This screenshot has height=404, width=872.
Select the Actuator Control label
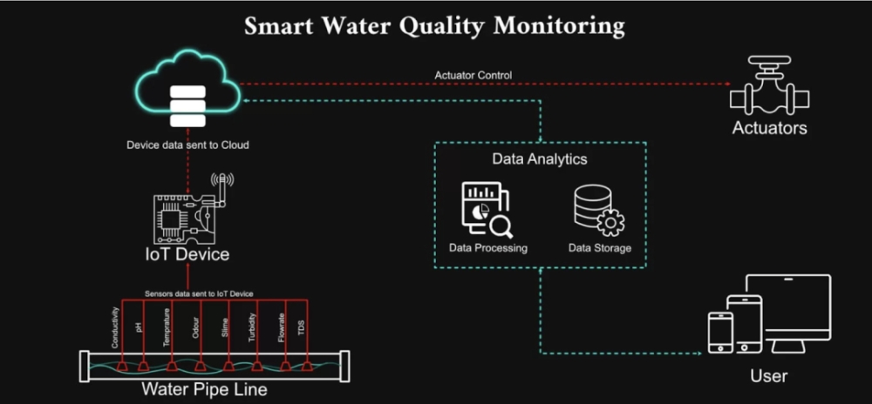pyautogui.click(x=473, y=75)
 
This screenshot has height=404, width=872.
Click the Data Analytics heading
pyautogui.click(x=540, y=159)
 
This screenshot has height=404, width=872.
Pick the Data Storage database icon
pyautogui.click(x=598, y=208)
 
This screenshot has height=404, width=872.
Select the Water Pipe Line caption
pyautogui.click(x=204, y=389)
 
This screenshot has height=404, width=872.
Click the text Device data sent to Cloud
pyautogui.click(x=187, y=145)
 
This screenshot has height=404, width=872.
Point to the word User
pyautogui.click(x=768, y=376)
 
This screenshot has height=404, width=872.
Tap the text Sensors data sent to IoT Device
pyautogui.click(x=199, y=293)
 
